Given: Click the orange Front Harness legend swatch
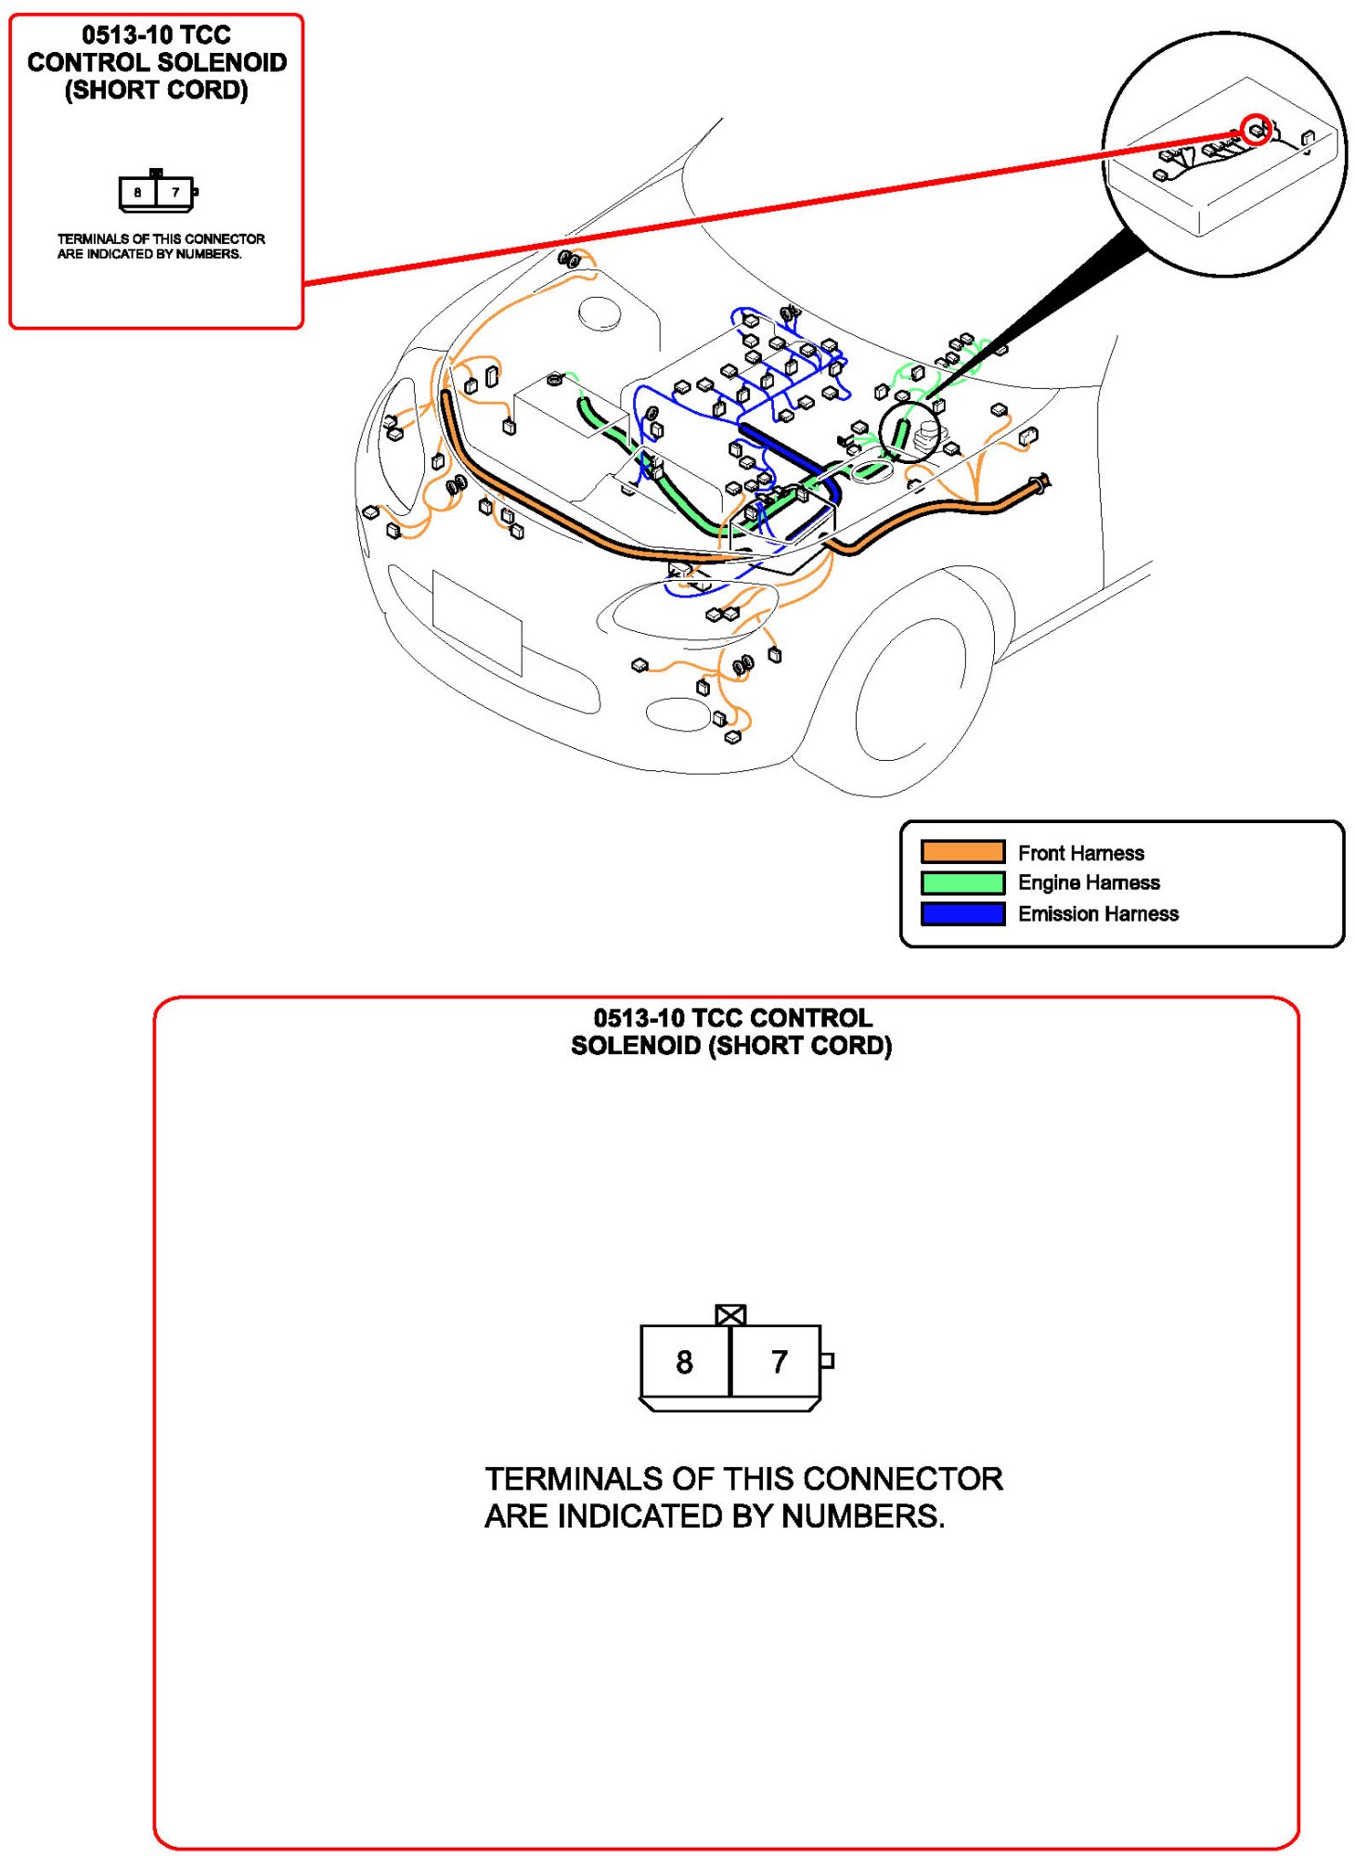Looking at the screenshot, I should pyautogui.click(x=961, y=851).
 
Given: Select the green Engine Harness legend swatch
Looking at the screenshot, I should pyautogui.click(x=961, y=882).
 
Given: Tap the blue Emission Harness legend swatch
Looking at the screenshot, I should pyautogui.click(x=961, y=913).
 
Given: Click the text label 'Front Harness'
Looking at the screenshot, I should pyautogui.click(x=1080, y=852).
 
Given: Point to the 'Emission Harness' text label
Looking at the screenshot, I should pyautogui.click(x=1098, y=913).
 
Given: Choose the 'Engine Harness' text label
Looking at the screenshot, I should pyautogui.click(x=1089, y=882).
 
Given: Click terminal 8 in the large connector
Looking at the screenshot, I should pyautogui.click(x=684, y=1361).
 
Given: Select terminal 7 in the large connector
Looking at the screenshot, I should pyautogui.click(x=779, y=1361).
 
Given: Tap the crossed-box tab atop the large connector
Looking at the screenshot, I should pyautogui.click(x=730, y=1314).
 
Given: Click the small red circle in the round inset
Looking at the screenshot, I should pyautogui.click(x=1256, y=129).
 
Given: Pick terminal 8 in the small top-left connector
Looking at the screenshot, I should pyautogui.click(x=137, y=193).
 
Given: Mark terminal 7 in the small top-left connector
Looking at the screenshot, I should pyautogui.click(x=174, y=193).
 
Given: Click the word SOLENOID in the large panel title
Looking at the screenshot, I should pyautogui.click(x=636, y=1045).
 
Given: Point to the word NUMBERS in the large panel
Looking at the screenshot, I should pyautogui.click(x=862, y=1515).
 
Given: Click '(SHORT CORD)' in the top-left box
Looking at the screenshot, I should pyautogui.click(x=156, y=90).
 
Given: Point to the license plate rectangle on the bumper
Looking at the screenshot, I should pyautogui.click(x=476, y=622).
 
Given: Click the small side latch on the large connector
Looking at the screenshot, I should pyautogui.click(x=827, y=1360).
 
